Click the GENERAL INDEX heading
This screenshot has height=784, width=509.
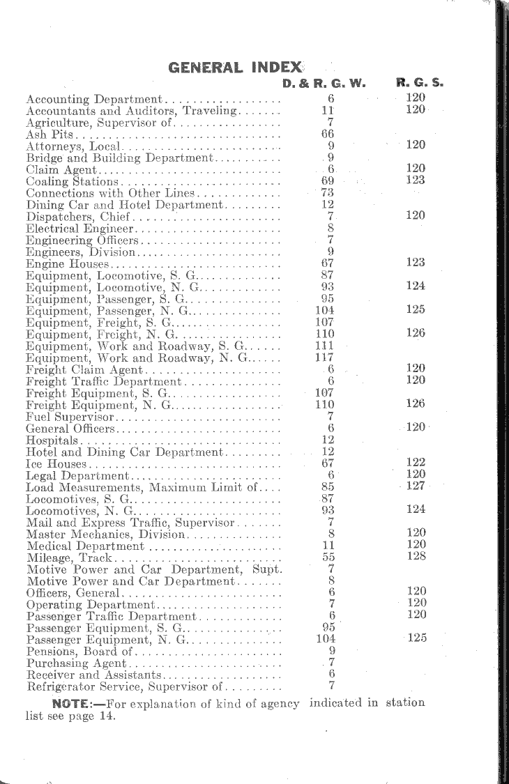[x=236, y=68]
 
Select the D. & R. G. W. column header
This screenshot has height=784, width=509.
[x=324, y=83]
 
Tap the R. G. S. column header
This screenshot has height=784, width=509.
[x=420, y=83]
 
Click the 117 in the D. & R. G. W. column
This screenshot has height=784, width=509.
[x=326, y=358]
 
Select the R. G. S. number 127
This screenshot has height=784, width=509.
[x=416, y=486]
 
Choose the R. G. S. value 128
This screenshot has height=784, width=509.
[x=416, y=556]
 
